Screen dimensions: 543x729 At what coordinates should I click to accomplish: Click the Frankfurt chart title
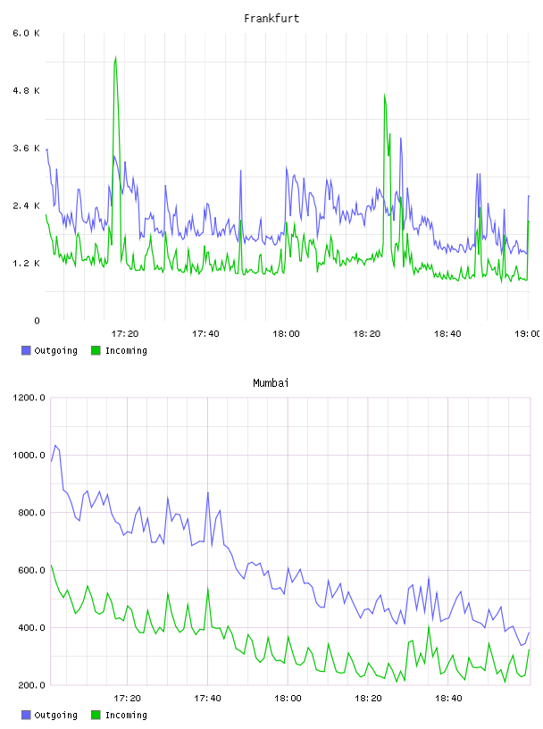click(x=271, y=19)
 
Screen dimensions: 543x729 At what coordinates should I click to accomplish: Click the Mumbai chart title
click(x=271, y=383)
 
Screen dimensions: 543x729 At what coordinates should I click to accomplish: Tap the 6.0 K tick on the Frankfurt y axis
click(x=27, y=33)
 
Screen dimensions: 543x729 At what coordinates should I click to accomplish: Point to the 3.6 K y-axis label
click(x=27, y=148)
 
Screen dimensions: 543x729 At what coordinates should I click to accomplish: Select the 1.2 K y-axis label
click(x=27, y=264)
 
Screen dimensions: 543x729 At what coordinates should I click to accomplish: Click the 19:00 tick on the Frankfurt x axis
click(x=527, y=334)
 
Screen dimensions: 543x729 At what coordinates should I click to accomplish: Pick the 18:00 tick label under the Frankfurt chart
click(x=286, y=334)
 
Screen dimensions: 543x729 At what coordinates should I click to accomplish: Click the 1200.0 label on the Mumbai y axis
click(x=29, y=398)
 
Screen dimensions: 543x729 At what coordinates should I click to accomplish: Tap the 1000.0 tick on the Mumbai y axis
click(x=29, y=455)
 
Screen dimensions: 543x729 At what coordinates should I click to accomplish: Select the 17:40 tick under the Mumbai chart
click(x=207, y=699)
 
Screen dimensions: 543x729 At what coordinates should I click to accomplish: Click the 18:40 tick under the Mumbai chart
click(x=448, y=699)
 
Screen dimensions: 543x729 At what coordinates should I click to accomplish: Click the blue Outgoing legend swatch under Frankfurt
click(x=26, y=350)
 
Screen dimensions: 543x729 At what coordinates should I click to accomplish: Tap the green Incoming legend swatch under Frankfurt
click(x=96, y=350)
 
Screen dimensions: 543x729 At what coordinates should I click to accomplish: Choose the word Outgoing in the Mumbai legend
click(x=55, y=715)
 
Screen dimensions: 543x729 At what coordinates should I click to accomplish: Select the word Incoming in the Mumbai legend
click(x=126, y=715)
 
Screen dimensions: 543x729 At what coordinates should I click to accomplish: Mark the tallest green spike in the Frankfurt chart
click(x=115, y=57)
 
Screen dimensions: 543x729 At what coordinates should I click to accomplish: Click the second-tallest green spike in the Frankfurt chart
click(x=384, y=96)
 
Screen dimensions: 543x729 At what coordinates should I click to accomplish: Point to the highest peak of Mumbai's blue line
click(x=55, y=446)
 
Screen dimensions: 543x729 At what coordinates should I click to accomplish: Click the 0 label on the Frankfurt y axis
click(x=37, y=321)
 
